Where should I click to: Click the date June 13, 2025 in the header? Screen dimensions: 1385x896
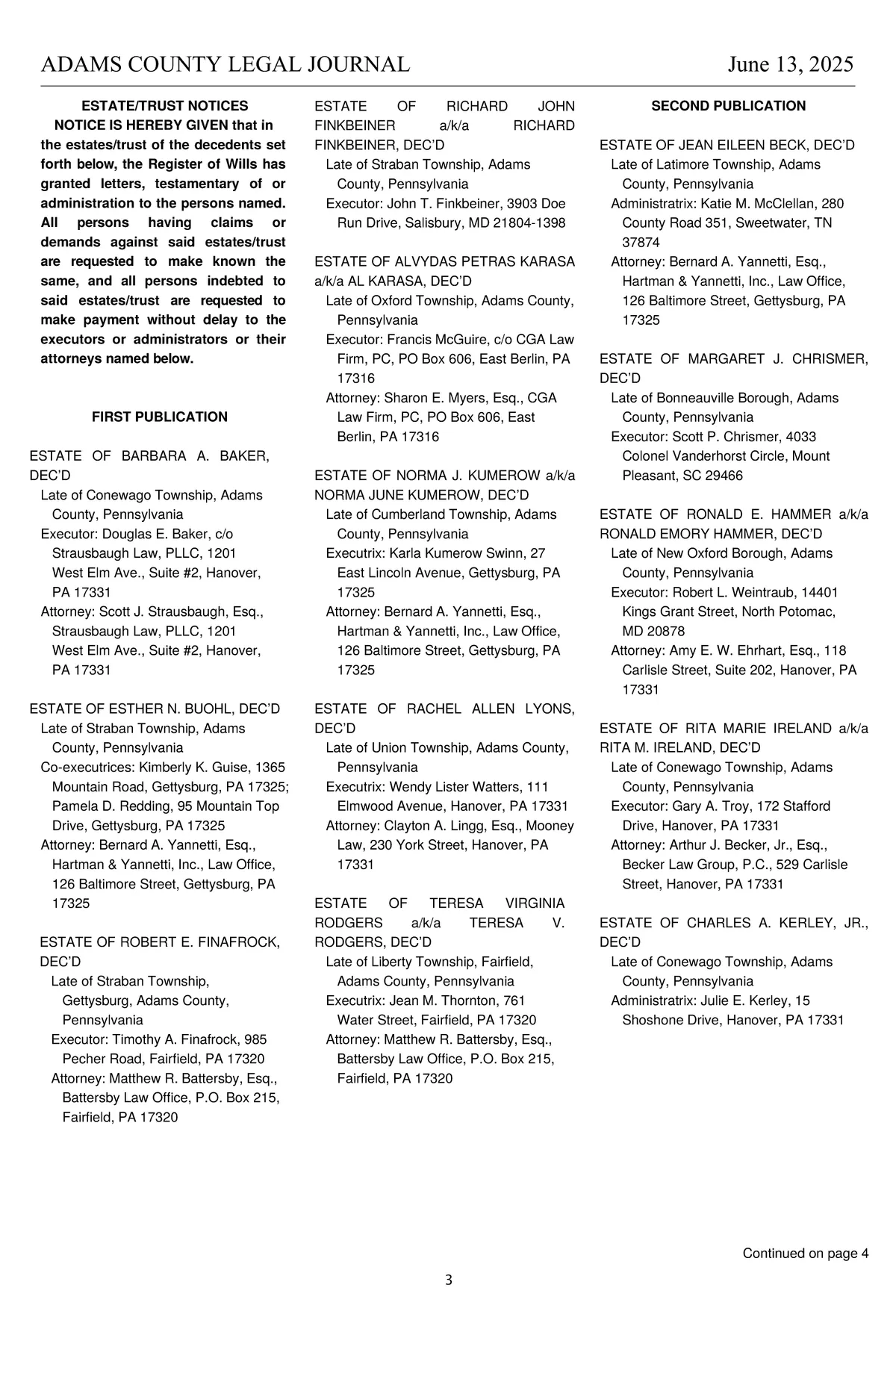(x=790, y=65)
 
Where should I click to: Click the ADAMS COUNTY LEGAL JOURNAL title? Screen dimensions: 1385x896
(x=225, y=65)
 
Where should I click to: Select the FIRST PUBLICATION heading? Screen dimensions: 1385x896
(x=159, y=417)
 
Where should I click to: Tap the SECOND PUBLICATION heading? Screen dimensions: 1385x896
(x=728, y=106)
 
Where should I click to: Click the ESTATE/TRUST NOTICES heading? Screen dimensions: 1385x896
(x=164, y=106)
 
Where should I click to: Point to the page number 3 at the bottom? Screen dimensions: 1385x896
(x=448, y=1280)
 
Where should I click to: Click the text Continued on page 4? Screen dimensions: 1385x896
(x=805, y=1253)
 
